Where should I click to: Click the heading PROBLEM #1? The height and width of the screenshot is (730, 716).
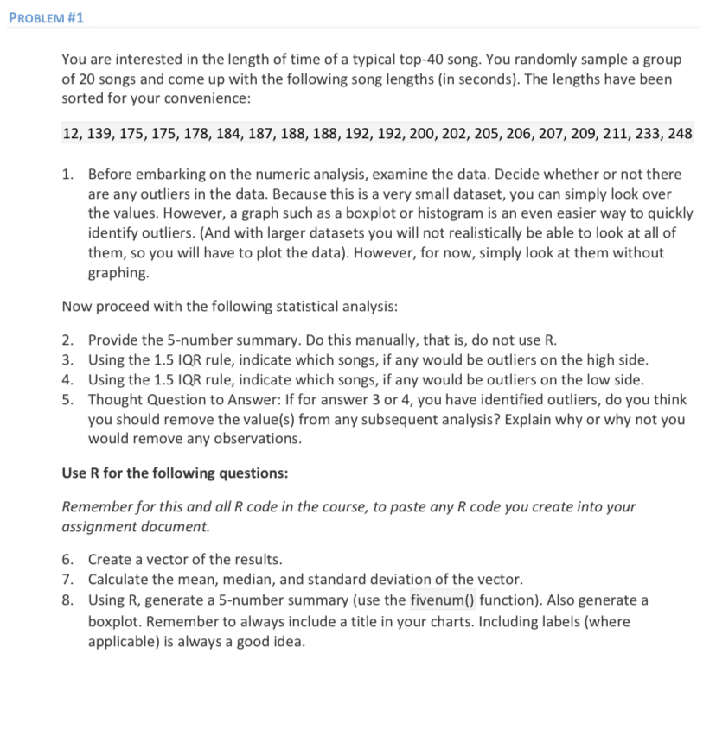click(x=47, y=18)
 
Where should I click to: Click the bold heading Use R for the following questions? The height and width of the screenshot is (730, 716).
click(x=176, y=473)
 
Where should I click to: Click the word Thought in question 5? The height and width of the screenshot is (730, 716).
click(x=114, y=399)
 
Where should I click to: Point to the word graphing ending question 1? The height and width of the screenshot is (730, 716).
click(x=118, y=273)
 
